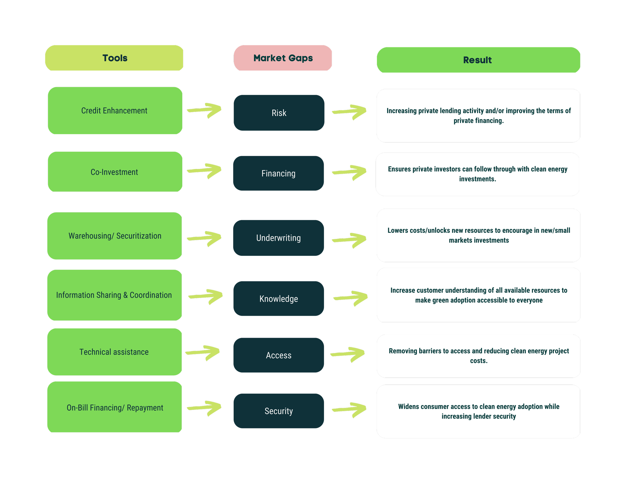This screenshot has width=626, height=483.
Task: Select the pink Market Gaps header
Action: point(283,58)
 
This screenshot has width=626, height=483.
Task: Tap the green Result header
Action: point(478,60)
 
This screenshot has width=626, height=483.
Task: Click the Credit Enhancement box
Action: point(115,111)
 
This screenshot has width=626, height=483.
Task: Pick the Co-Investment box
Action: point(115,172)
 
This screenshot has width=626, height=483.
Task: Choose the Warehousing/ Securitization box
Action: point(115,236)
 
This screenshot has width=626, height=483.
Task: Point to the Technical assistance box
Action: point(114,352)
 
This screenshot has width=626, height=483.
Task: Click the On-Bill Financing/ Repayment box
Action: point(115,407)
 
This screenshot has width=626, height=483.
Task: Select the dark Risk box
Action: point(279,113)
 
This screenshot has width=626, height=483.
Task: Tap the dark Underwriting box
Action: point(278,238)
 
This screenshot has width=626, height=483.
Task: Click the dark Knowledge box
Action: point(279,299)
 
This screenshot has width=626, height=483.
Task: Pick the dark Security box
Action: point(279,411)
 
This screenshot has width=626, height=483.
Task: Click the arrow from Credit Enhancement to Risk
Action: point(205,110)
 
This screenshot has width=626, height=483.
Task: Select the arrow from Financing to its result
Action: point(350,172)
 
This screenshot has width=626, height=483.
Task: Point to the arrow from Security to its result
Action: point(350,410)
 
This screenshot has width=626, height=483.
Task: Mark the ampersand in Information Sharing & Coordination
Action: point(125,295)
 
